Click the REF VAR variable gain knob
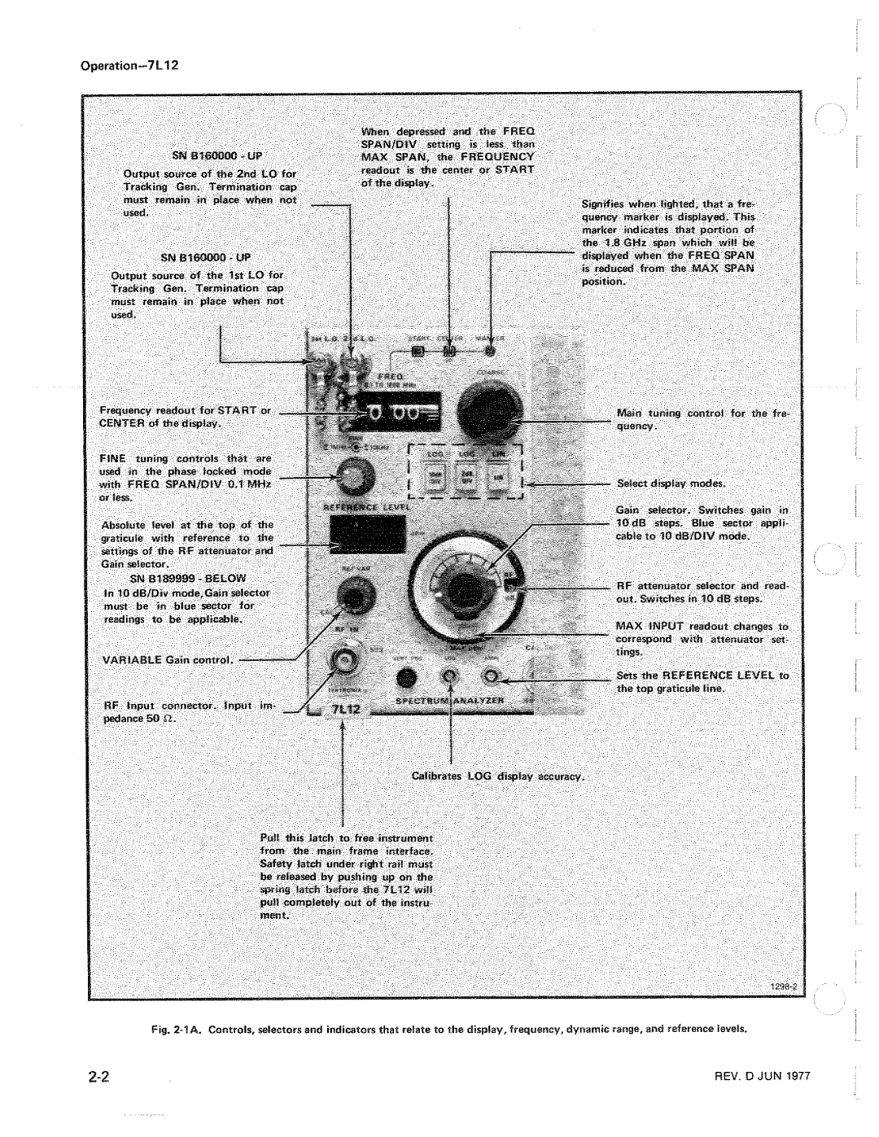point(352,598)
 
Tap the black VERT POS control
point(407,680)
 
